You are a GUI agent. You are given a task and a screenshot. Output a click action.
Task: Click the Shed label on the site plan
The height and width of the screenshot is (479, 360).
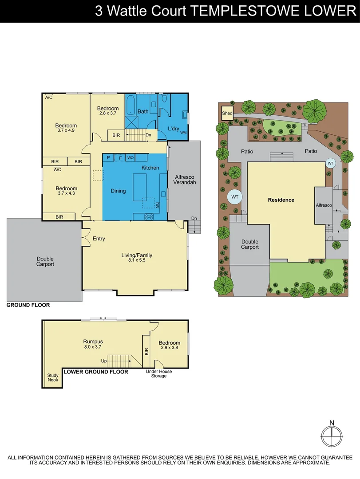point(227,114)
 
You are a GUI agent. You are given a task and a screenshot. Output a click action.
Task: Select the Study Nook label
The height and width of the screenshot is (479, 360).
point(53,377)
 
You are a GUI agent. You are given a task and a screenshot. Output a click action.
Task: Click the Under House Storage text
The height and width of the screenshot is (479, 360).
point(159,374)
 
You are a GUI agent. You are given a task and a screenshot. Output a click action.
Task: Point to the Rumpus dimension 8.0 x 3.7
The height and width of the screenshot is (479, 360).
point(93,347)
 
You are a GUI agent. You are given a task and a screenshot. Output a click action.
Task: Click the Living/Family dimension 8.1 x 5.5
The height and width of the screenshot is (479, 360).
point(137,260)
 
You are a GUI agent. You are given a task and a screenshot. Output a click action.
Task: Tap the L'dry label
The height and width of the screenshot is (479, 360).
point(173,129)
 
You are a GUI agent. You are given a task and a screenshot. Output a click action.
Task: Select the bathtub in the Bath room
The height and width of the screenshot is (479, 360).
point(131,107)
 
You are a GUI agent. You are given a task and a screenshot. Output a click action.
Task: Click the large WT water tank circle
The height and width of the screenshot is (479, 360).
point(235,196)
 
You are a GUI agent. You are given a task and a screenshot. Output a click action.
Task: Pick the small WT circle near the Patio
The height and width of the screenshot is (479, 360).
point(330,163)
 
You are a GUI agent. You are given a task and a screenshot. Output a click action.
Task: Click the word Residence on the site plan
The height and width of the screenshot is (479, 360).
point(281,200)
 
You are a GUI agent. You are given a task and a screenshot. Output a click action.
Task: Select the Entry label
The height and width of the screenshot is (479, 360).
point(99,239)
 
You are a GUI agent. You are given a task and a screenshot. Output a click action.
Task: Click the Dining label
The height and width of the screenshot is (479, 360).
point(118,191)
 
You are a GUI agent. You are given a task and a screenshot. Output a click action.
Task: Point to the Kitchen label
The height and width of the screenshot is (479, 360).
point(150,168)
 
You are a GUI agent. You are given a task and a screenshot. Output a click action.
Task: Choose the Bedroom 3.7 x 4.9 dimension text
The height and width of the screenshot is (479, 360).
point(66,130)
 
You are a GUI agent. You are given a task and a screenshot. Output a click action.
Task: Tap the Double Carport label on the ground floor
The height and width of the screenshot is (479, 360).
point(45,261)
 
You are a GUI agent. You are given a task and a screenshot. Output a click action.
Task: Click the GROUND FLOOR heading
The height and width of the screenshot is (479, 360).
point(28,305)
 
